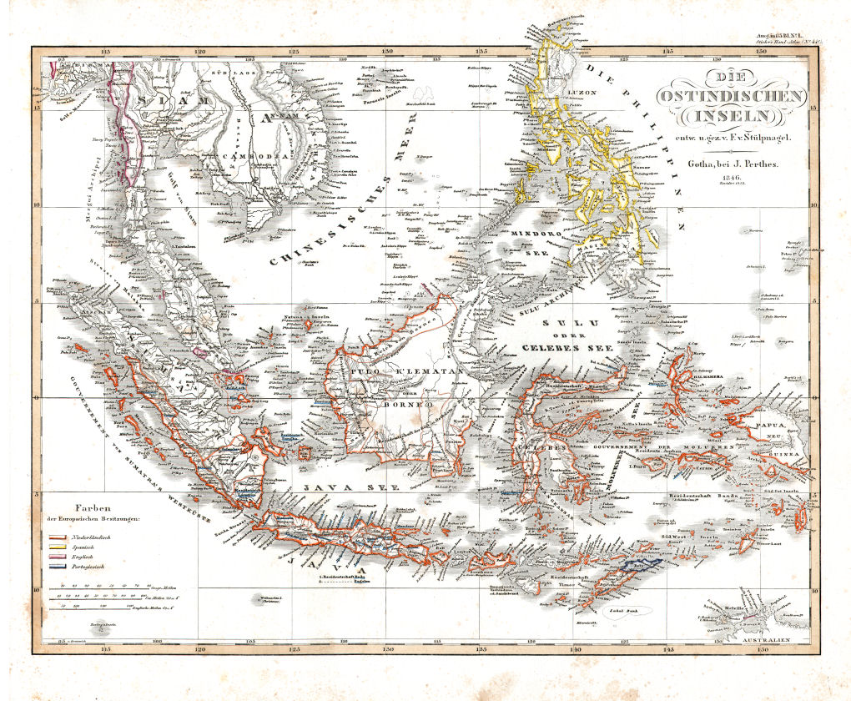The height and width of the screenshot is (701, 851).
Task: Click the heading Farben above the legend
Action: click(x=94, y=507)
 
